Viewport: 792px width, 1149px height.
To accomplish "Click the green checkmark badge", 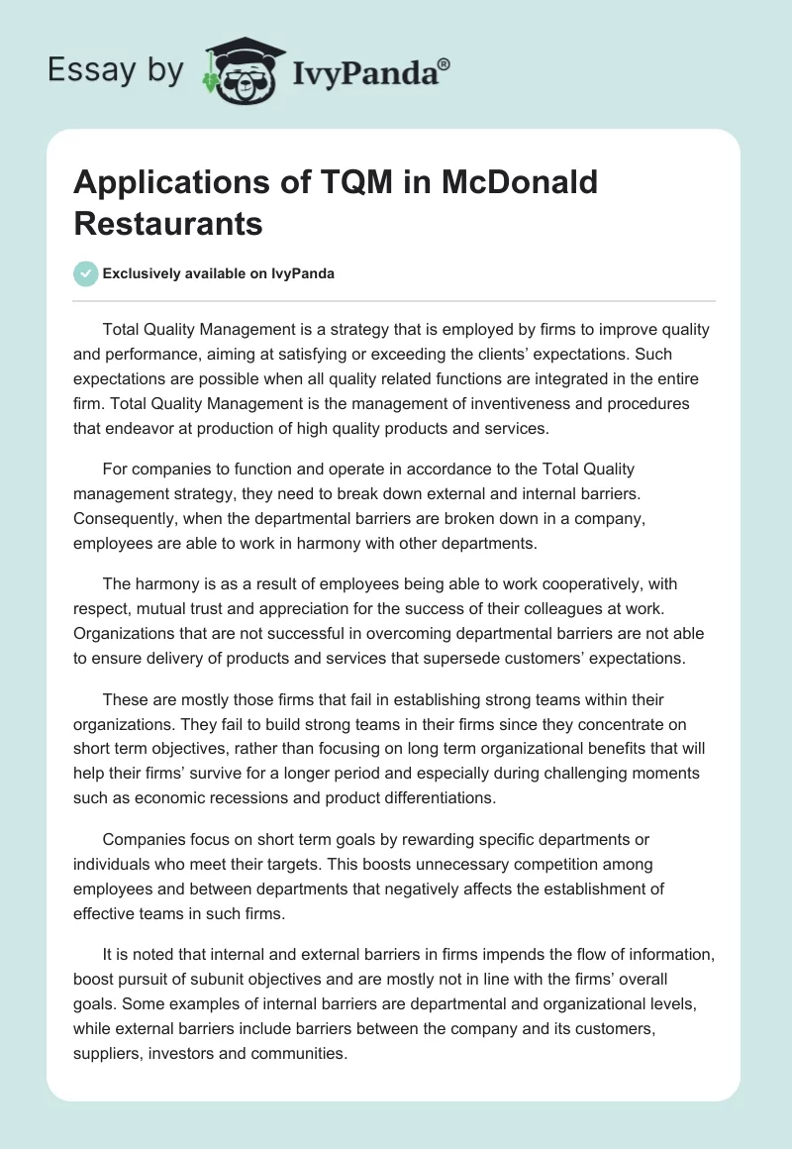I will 86,273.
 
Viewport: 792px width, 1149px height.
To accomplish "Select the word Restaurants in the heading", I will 168,224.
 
